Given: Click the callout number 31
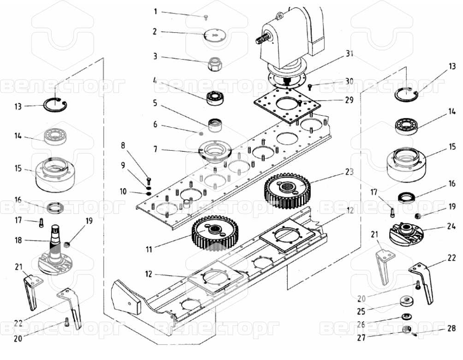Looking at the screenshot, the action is (x=350, y=53).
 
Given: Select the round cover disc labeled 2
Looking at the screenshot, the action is (x=215, y=35).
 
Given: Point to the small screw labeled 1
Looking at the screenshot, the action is (x=206, y=18).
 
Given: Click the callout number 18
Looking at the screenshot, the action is (x=18, y=240).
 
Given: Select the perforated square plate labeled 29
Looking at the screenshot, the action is (x=287, y=106).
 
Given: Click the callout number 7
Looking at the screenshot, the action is (x=155, y=149).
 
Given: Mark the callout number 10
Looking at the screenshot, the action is (x=123, y=191).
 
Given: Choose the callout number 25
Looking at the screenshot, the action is (x=361, y=311).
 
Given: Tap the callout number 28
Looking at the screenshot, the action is (x=452, y=328).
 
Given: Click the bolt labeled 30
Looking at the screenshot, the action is (x=310, y=87).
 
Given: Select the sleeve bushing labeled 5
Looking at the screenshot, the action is (x=215, y=125).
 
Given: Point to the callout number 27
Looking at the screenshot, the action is (x=361, y=337).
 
